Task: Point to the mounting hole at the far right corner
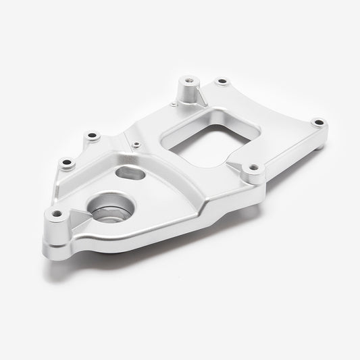318,123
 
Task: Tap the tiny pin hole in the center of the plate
136,143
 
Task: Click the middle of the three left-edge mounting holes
67,162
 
